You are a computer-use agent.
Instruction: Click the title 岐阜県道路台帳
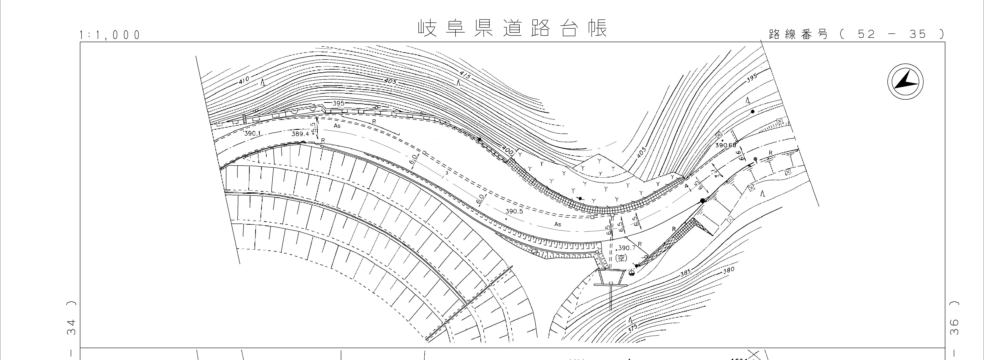[x=512, y=28]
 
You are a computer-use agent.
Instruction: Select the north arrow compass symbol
[x=905, y=82]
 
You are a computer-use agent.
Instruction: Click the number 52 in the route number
[x=866, y=34]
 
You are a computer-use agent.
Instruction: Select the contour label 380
[x=729, y=271]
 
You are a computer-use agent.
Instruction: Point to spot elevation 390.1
[x=252, y=133]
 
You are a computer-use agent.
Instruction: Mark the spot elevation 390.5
[x=514, y=211]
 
